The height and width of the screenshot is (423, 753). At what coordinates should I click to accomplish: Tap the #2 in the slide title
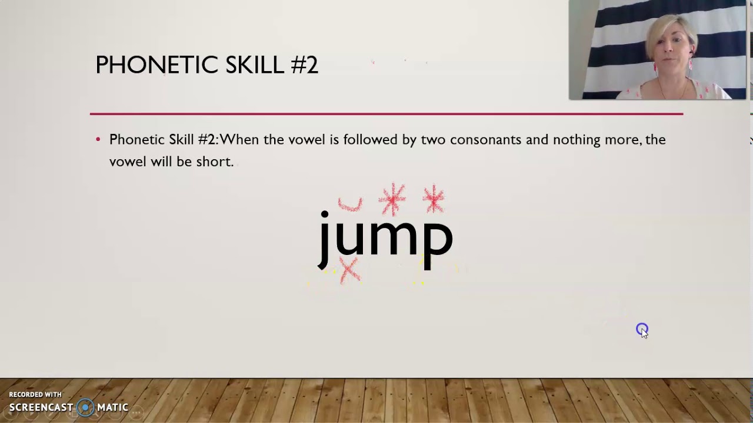304,65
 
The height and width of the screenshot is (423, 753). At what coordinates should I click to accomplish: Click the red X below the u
349,271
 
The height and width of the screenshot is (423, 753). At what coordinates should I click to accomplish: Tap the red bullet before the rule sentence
98,140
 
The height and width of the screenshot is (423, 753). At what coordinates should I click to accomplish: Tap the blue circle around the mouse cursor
642,329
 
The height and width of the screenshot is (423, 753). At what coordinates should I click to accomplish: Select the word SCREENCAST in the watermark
41,407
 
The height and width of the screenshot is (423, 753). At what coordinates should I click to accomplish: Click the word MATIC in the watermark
113,407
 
